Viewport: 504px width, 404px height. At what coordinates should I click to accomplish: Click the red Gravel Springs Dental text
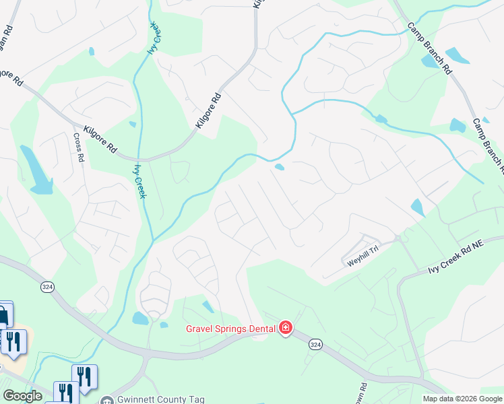(x=230, y=329)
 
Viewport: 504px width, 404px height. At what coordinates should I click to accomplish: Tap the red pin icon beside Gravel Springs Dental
(x=286, y=329)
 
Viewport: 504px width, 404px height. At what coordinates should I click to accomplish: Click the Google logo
(x=22, y=395)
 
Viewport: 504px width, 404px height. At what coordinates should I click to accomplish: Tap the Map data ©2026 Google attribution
(x=462, y=399)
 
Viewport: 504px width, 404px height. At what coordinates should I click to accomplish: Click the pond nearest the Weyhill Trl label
(x=417, y=207)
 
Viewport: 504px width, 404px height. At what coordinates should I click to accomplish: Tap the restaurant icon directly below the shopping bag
(x=13, y=341)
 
